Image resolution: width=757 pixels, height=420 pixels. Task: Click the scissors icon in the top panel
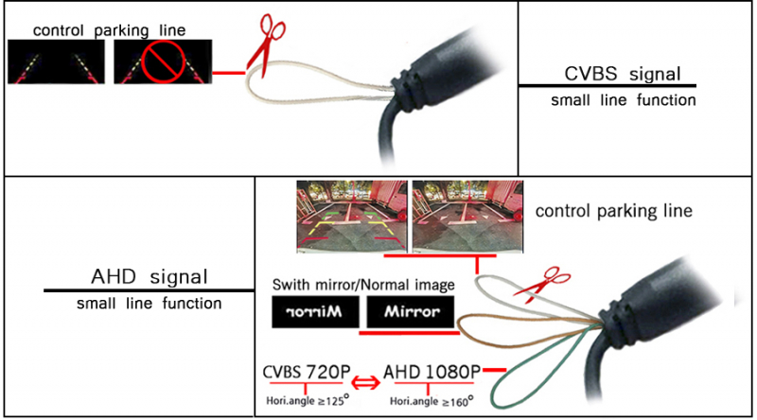click(267, 43)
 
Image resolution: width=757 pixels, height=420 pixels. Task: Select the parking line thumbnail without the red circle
click(56, 68)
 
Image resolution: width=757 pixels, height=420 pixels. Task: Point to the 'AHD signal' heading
click(149, 277)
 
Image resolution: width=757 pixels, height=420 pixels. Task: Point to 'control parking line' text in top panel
click(109, 30)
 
